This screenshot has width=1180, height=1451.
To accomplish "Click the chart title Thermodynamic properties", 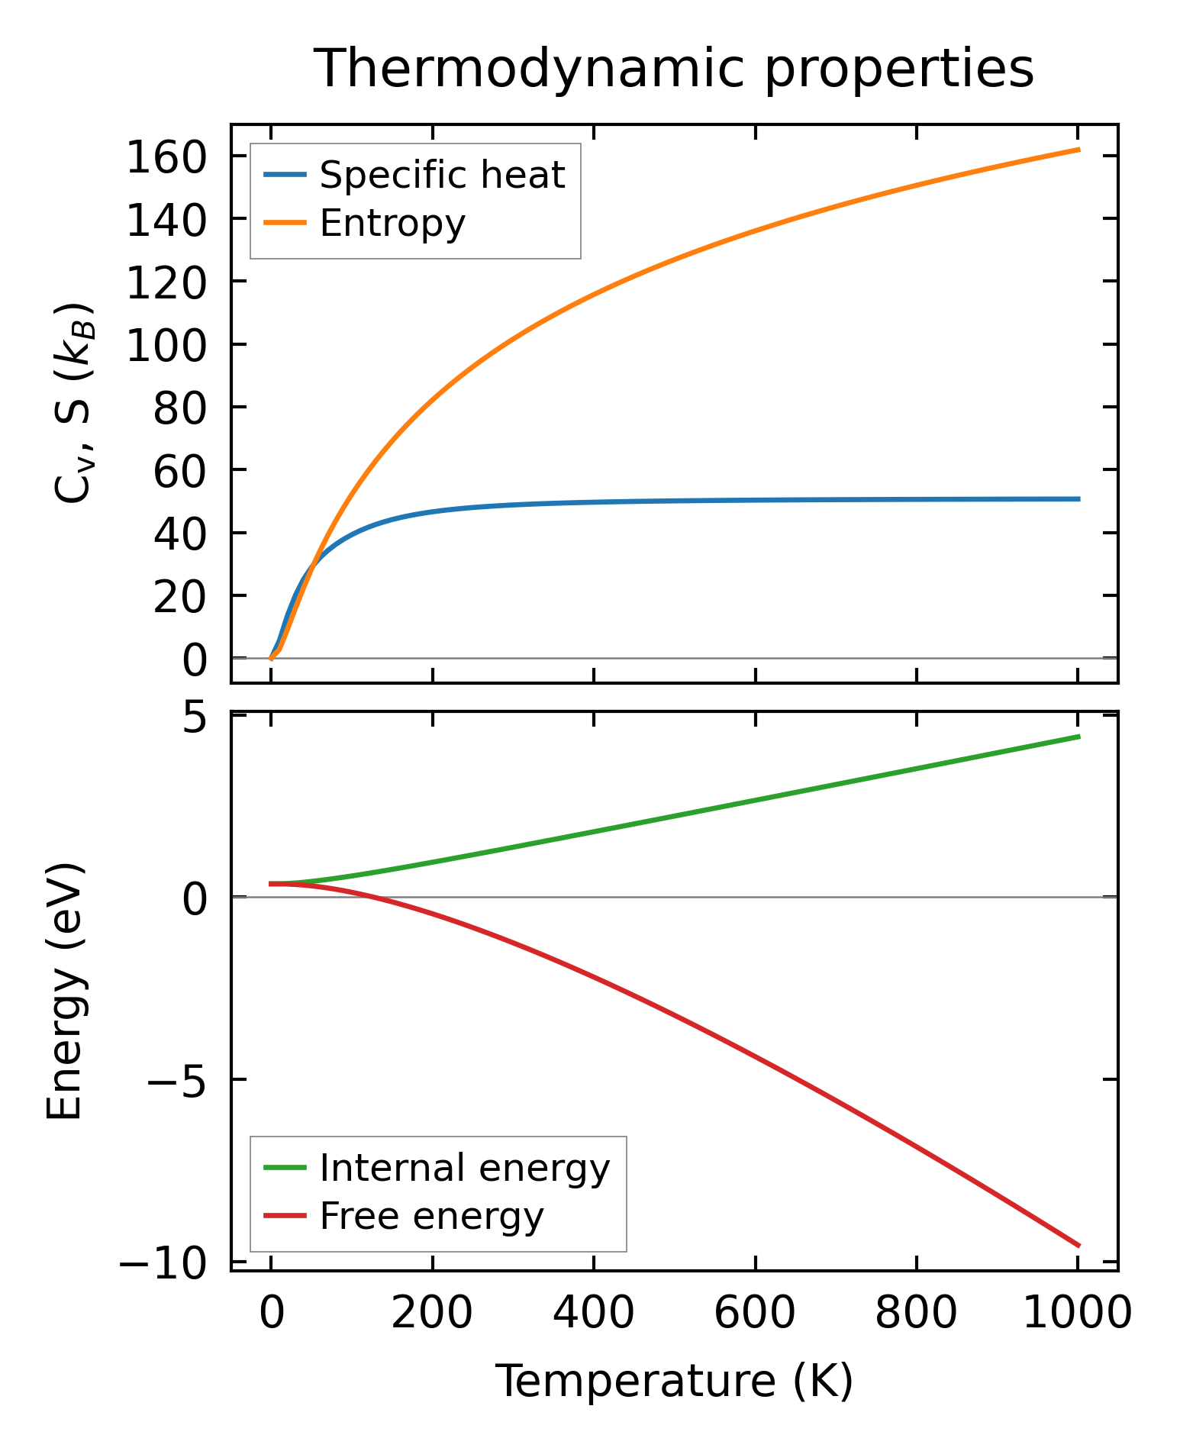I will point(674,69).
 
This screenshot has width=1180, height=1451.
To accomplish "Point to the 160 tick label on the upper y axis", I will point(166,159).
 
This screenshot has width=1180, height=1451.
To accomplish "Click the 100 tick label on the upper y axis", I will point(166,347).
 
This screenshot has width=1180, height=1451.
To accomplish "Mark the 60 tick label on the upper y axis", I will point(180,472).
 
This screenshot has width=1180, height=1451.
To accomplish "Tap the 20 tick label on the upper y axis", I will point(180,598).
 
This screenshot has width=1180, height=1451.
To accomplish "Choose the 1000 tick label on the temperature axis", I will point(1076,1314).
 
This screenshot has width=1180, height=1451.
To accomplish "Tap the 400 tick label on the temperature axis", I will point(593,1314).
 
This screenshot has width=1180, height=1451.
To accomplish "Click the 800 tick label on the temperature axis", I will point(916,1314).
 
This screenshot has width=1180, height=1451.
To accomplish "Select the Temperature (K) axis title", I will point(674,1382).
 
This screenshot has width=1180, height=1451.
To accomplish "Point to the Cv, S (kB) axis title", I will point(73,402).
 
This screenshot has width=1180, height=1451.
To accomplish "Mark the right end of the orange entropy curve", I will point(1078,150).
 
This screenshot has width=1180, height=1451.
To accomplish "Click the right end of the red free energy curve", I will point(1078,1246).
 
